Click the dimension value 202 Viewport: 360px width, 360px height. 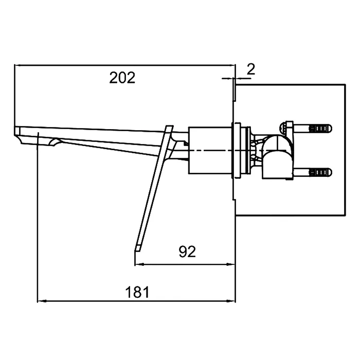122,78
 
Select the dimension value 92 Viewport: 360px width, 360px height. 187,252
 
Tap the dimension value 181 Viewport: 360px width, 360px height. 138,292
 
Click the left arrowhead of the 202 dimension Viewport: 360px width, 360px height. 18,65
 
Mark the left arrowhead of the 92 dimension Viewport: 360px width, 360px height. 138,264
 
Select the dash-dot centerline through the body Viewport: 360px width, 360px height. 216,150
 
